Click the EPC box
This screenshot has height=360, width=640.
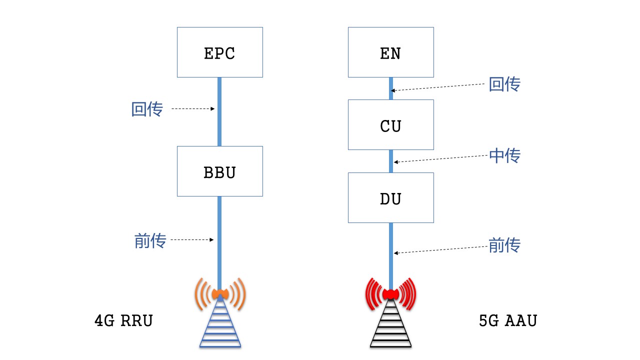220,52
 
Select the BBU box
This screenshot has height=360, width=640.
220,171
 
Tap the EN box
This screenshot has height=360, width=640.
390,52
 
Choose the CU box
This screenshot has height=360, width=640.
390,125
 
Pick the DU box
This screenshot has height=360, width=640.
390,198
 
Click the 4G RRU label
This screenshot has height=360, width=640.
123,320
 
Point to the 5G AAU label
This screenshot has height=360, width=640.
507,320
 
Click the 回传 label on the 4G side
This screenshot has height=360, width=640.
147,109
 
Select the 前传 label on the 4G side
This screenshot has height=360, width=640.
150,241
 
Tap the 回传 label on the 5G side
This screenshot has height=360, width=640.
504,84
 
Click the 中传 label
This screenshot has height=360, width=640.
504,155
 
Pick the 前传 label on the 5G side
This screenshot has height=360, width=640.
504,245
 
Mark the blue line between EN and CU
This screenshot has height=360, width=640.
391,88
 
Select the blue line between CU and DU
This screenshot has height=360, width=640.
391,161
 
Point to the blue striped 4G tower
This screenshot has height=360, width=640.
220,325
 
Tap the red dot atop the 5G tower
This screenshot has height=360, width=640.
390,293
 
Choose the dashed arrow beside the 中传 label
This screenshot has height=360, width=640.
440,158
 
